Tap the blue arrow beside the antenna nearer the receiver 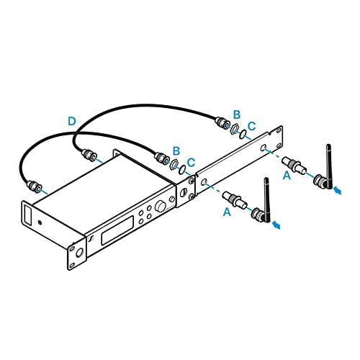[276, 225]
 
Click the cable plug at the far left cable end [35, 186]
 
